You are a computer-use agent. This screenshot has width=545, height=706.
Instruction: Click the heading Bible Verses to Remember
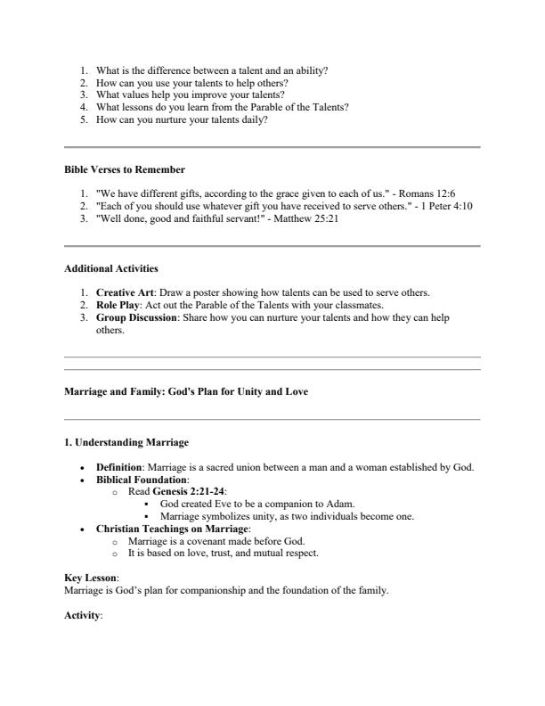125,169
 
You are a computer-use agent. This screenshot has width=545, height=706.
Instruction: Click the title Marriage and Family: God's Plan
187,391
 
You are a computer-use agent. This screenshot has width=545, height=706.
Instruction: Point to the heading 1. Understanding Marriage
126,441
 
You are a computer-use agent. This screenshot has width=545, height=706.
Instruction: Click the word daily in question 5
254,119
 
